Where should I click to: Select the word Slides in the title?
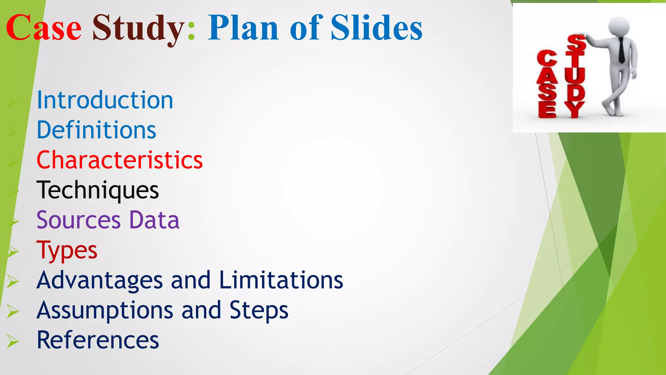[376, 28]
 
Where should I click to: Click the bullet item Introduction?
[105, 100]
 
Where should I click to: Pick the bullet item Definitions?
[96, 130]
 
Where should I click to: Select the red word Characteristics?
[119, 160]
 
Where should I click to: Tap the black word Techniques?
[98, 190]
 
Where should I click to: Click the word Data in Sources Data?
[154, 220]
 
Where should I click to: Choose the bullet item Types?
[67, 250]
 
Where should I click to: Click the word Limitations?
[281, 280]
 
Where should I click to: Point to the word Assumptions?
[105, 310]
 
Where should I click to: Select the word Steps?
[259, 310]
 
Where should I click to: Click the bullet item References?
[98, 340]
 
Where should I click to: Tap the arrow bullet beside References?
[13, 341]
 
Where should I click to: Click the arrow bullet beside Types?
[13, 251]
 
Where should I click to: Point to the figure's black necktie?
[621, 50]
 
